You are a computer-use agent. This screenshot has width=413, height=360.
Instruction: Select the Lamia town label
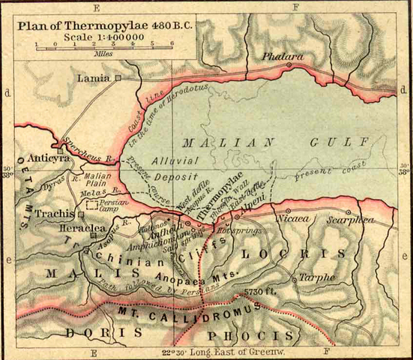pos(94,77)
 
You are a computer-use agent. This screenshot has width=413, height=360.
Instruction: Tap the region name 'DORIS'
pos(94,331)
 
